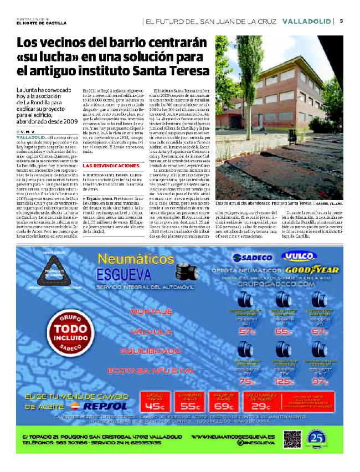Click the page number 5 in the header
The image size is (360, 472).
[342, 21]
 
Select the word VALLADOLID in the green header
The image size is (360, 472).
[306, 21]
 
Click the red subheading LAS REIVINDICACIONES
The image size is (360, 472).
[111, 166]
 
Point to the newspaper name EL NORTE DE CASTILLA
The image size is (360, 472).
[41, 23]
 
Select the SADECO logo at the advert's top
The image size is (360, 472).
[250, 258]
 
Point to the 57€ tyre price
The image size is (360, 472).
[246, 331]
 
